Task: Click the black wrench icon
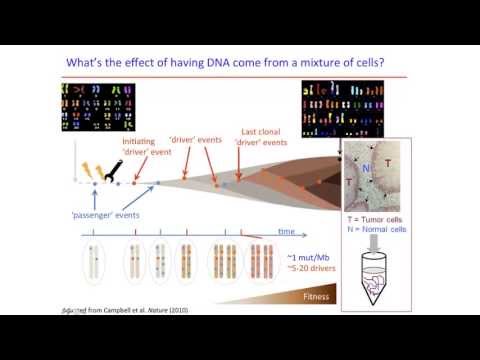click(x=118, y=156)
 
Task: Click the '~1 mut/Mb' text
click(x=304, y=257)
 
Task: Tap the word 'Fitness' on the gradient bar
click(x=308, y=296)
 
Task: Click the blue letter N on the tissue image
click(x=367, y=166)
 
